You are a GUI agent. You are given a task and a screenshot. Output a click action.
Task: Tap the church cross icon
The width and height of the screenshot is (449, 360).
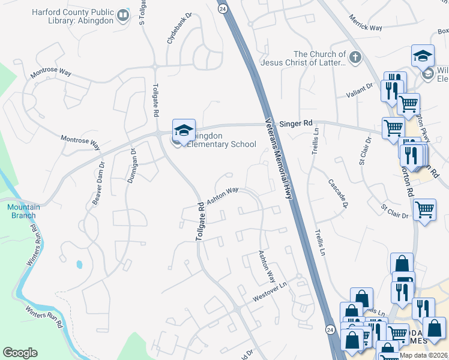(355, 58)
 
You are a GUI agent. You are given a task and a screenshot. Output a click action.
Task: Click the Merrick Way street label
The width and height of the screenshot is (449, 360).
(368, 28)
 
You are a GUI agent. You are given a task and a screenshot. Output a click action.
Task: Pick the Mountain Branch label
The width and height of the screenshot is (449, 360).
(22, 211)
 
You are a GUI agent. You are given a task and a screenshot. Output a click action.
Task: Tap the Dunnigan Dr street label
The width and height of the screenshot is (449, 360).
(134, 170)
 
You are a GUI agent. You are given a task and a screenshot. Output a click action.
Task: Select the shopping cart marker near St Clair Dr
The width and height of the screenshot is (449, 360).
(424, 209)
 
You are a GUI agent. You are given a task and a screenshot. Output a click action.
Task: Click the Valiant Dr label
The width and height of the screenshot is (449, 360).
(360, 94)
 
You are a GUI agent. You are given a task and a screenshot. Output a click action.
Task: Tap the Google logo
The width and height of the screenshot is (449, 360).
(20, 353)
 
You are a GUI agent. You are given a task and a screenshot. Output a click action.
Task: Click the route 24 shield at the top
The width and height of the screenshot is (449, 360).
(222, 9)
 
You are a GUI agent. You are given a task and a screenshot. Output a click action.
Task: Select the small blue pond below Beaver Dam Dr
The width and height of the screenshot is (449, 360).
(79, 264)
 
